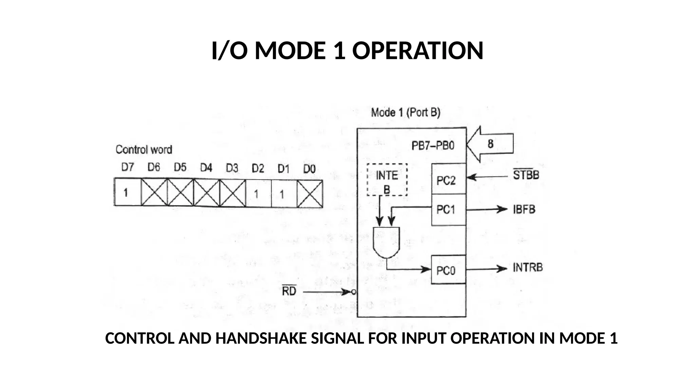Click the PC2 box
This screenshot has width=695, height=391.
(448, 179)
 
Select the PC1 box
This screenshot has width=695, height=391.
(448, 210)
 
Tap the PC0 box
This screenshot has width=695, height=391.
(448, 270)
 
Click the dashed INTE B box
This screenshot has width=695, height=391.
(387, 180)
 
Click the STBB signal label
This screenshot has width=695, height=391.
(526, 175)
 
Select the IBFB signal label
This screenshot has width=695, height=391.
(524, 209)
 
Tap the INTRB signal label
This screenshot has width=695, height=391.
(527, 268)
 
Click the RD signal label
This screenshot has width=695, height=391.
(289, 291)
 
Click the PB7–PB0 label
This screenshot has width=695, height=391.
(433, 146)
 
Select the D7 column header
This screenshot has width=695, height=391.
(128, 167)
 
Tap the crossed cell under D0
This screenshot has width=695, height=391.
(309, 194)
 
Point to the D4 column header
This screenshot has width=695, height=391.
(206, 168)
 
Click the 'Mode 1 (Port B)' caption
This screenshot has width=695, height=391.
(406, 112)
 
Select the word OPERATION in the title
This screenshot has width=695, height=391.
(418, 51)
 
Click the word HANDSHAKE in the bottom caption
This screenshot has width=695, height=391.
(261, 338)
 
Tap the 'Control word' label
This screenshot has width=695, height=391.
(144, 149)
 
